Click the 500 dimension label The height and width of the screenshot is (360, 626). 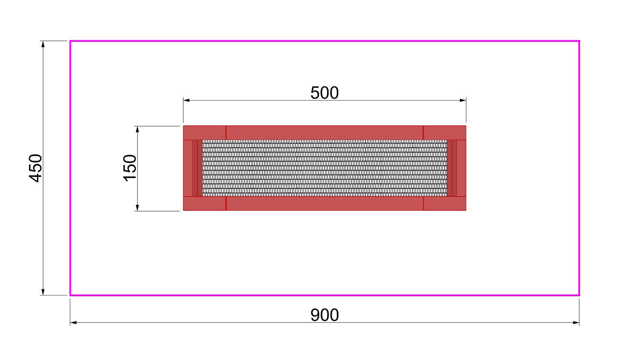click(325, 93)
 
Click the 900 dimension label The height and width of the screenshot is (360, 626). click(325, 315)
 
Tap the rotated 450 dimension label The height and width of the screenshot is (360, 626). click(36, 168)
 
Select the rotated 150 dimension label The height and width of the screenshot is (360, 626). click(130, 168)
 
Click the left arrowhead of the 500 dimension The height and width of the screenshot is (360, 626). click(186, 100)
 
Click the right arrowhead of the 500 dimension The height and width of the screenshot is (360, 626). click(463, 100)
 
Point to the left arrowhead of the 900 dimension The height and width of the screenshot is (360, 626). click(74, 323)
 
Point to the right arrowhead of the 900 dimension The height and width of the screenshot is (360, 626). click(576, 323)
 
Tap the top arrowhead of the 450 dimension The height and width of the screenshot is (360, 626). click(43, 45)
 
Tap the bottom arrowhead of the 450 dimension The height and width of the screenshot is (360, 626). click(43, 292)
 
